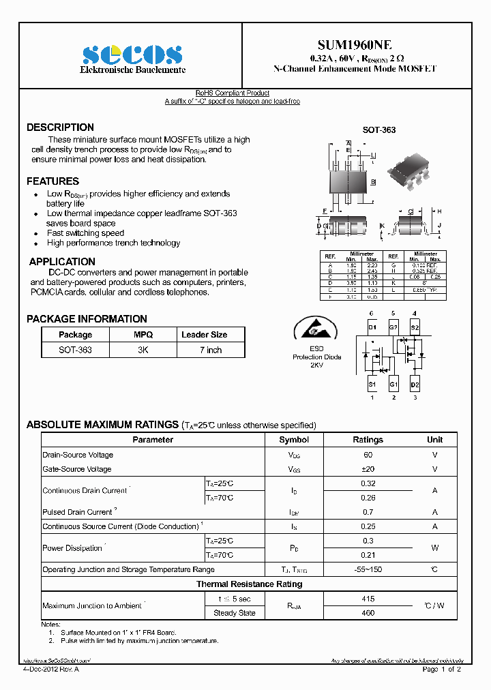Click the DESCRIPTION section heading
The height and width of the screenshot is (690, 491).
[x=60, y=127]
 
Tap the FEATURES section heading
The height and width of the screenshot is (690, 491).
[x=53, y=181]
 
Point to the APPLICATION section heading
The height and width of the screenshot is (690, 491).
[x=62, y=262]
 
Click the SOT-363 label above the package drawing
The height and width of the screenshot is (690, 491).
[x=378, y=130]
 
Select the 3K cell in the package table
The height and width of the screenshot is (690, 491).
[x=143, y=350]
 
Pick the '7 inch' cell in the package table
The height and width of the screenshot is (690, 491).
[x=211, y=350]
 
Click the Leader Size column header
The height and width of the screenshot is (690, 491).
[x=205, y=335]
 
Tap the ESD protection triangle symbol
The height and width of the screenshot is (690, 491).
[x=316, y=328]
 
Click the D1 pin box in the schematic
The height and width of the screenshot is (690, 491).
[x=372, y=328]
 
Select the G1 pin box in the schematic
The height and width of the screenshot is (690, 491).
[x=393, y=385]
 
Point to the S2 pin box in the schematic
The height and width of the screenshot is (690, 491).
[x=415, y=328]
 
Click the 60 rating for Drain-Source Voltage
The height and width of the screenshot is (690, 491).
[x=368, y=455]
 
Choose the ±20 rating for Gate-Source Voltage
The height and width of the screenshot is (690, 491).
[x=368, y=469]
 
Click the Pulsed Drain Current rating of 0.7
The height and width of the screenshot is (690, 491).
[x=368, y=512]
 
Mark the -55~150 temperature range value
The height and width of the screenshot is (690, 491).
[x=368, y=569]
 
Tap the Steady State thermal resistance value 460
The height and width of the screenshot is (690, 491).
[x=368, y=613]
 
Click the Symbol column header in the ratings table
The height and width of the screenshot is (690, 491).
[x=294, y=440]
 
